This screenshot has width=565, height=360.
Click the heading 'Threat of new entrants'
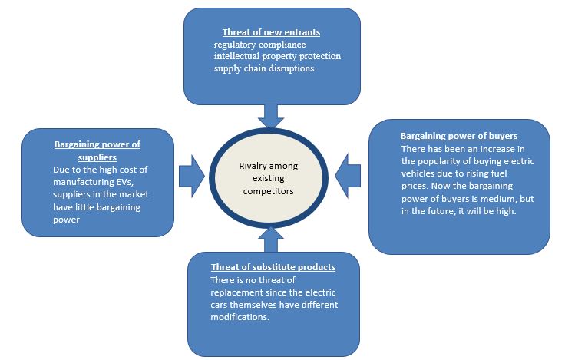pyautogui.click(x=271, y=33)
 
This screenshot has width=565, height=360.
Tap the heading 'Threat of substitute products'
pyautogui.click(x=273, y=267)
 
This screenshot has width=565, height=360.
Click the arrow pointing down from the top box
pyautogui.click(x=271, y=114)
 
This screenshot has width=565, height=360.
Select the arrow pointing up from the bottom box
pyautogui.click(x=271, y=239)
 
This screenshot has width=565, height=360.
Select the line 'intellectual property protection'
pyautogui.click(x=278, y=56)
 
